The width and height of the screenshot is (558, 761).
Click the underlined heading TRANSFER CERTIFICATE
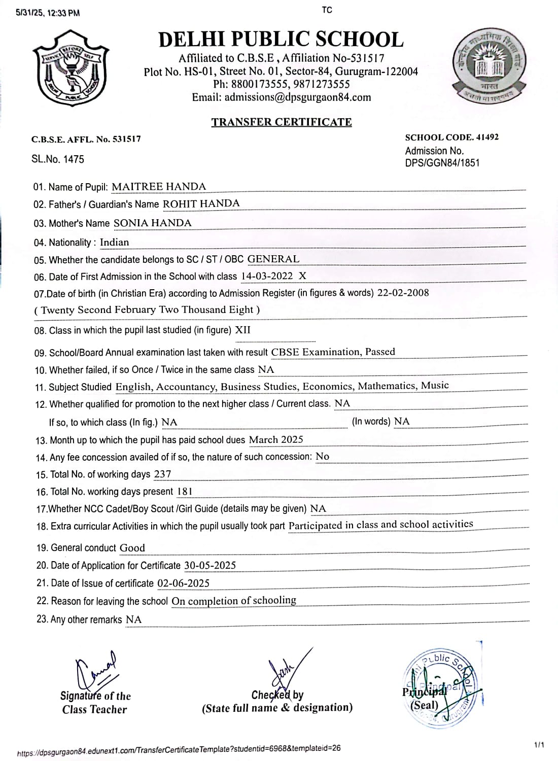(x=282, y=122)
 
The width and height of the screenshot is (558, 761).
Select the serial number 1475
(x=74, y=159)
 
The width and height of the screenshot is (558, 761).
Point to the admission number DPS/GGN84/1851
(x=442, y=163)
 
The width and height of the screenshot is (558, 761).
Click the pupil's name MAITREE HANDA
(x=159, y=187)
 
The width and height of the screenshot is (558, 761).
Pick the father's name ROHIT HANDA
(x=201, y=204)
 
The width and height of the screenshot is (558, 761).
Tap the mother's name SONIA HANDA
(x=153, y=223)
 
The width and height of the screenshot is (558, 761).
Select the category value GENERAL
(x=273, y=259)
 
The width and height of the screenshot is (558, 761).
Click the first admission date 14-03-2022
(x=267, y=276)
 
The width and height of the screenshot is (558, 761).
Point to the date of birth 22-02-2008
(x=403, y=293)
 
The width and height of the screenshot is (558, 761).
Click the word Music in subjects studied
(x=435, y=386)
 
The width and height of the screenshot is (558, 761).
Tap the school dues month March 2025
(x=276, y=440)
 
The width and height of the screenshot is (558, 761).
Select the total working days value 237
(x=163, y=474)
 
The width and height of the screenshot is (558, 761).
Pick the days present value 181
(x=184, y=492)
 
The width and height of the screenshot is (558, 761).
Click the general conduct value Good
(x=132, y=548)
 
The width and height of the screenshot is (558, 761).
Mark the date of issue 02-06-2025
(x=183, y=583)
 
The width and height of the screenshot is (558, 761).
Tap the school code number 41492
(x=487, y=137)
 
